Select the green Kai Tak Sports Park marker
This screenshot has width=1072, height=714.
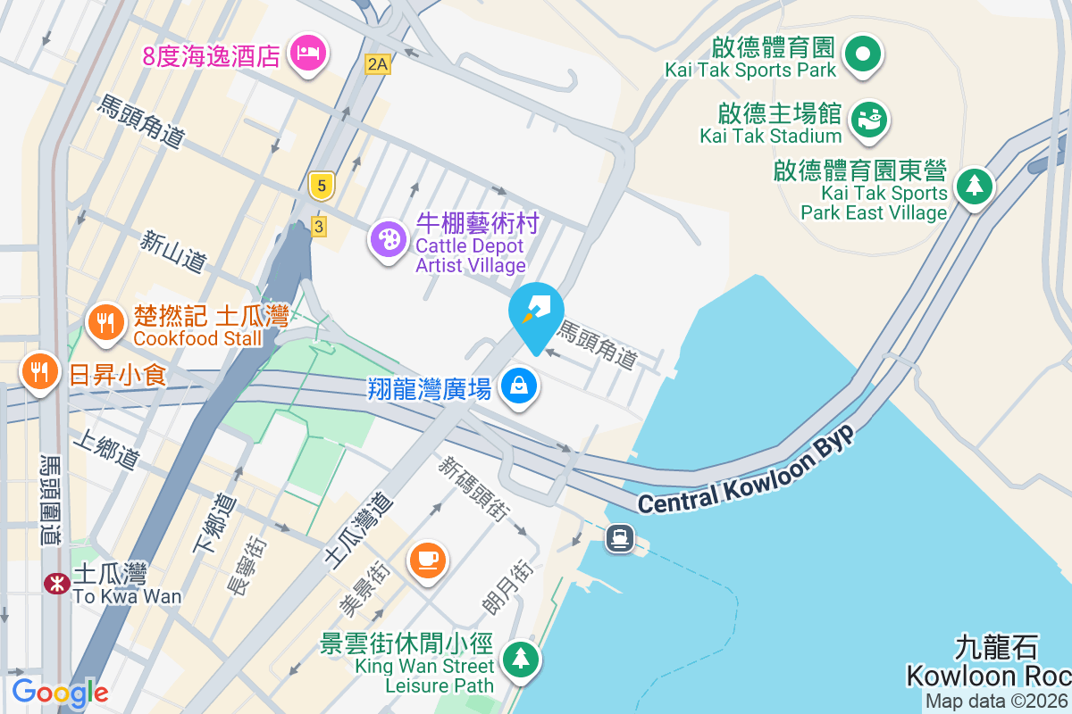coord(863,54)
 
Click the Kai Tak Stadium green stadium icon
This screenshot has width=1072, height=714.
coord(867,119)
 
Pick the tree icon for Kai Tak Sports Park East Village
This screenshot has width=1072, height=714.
coord(975,187)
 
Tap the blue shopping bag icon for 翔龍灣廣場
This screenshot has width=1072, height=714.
coord(518,386)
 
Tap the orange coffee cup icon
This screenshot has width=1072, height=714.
coord(428,560)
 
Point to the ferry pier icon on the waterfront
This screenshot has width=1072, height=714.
coord(619,538)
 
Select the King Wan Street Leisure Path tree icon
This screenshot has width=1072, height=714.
coord(519,660)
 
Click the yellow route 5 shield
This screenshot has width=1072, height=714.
coord(322,185)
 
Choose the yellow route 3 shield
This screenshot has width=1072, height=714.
coord(319,226)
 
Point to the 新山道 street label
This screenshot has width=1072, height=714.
coord(174,250)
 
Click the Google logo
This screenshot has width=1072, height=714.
coord(60,693)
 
